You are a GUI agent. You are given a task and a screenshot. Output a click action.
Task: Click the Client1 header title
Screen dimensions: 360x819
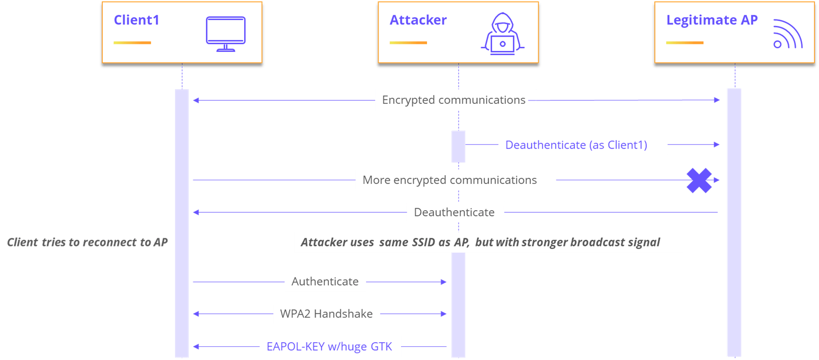[136, 20]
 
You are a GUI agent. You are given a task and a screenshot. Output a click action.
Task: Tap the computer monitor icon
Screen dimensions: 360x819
[225, 34]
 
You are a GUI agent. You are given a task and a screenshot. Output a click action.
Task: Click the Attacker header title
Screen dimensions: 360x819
[418, 20]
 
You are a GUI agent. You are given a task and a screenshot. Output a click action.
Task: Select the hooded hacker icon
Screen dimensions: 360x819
[502, 34]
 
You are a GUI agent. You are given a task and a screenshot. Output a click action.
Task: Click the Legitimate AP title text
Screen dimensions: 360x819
[712, 20]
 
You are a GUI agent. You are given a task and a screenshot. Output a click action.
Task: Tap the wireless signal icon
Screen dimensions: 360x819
[787, 35]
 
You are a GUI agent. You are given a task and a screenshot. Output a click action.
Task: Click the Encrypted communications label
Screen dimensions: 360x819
[454, 100]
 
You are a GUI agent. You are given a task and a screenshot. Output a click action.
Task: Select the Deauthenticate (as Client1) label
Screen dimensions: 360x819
[576, 145]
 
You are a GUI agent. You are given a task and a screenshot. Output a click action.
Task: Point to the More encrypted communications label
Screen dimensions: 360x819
[450, 180]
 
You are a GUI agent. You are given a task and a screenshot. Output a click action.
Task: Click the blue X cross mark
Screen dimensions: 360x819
[699, 180]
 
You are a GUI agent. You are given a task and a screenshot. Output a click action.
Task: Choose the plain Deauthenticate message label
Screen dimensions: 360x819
[454, 212]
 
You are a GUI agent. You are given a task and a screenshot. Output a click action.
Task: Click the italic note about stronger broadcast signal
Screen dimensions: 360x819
[481, 242]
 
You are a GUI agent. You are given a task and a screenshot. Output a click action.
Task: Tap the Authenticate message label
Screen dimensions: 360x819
[325, 282]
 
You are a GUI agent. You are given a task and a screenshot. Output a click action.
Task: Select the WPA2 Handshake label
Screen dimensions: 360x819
[326, 314]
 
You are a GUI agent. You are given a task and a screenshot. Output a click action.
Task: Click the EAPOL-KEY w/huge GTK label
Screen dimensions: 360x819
[329, 347]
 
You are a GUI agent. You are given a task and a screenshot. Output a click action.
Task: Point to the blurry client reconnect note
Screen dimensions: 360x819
[87, 242]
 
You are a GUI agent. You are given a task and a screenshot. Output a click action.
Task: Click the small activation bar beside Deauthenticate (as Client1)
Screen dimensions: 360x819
[458, 147]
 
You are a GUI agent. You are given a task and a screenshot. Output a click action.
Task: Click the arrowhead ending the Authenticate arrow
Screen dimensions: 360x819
[444, 282]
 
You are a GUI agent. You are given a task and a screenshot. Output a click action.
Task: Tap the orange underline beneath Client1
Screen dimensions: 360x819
[132, 43]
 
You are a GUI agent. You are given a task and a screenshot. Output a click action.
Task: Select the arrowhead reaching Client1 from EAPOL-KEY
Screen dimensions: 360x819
[196, 347]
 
